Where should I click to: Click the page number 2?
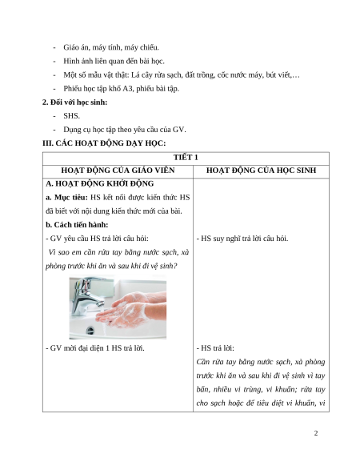(316, 433)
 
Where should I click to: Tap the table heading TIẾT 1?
(186, 158)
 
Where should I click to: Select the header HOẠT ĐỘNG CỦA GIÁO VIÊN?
(118, 171)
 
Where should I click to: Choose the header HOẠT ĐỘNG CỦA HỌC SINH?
(261, 171)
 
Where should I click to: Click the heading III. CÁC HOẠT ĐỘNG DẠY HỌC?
(104, 143)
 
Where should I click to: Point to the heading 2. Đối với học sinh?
(75, 102)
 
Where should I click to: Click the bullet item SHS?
(71, 116)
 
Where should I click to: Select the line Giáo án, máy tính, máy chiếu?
(111, 47)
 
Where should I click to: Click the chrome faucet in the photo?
(86, 295)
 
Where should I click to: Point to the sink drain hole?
(90, 330)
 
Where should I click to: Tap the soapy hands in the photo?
(130, 310)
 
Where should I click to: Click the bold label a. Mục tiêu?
(67, 198)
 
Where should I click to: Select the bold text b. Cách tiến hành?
(77, 225)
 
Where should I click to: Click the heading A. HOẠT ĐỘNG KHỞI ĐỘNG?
(100, 183)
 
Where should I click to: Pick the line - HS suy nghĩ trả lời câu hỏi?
(242, 239)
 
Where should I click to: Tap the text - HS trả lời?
(215, 348)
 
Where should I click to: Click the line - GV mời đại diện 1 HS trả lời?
(95, 348)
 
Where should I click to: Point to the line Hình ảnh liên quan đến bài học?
(114, 61)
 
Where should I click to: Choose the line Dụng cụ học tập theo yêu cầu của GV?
(125, 130)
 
